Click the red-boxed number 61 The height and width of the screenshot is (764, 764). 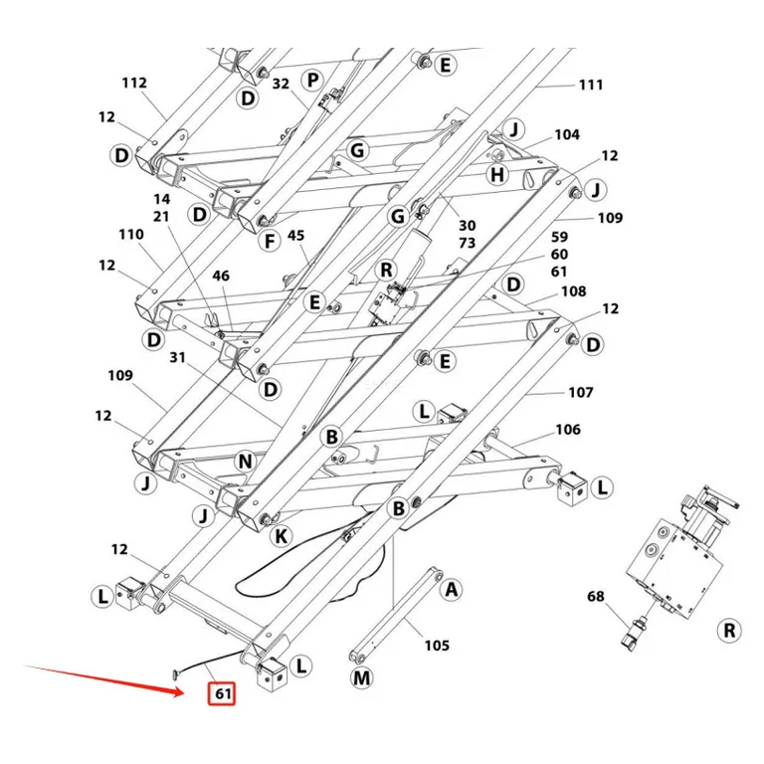point(222,692)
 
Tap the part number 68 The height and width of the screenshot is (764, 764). point(596,597)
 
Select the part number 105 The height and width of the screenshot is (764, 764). point(437,646)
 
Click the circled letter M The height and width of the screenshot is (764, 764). point(361,677)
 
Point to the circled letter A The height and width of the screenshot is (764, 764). point(452,590)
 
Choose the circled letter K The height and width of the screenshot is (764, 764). point(282,536)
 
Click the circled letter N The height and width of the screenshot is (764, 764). point(245,462)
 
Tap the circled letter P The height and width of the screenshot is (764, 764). point(312,80)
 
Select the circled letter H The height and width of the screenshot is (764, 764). point(497,174)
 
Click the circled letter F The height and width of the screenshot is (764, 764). point(270,241)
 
